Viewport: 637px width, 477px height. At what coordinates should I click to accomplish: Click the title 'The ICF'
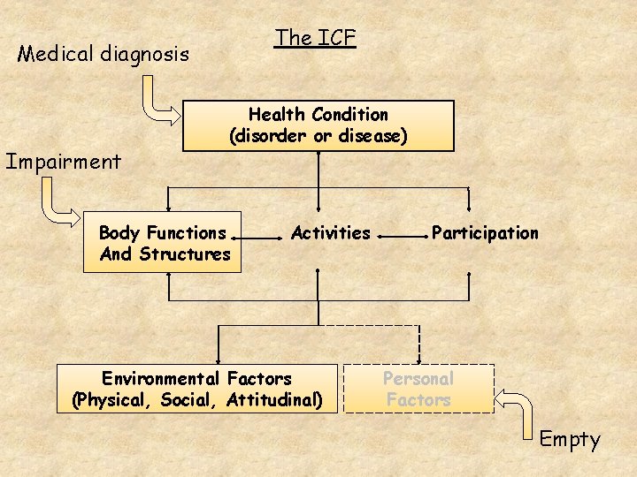pyautogui.click(x=314, y=38)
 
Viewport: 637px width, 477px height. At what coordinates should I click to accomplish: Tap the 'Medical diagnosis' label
pyautogui.click(x=104, y=55)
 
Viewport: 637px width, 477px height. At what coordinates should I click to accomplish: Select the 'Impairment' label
pyautogui.click(x=63, y=162)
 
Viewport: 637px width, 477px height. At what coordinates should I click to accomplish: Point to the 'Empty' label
pyautogui.click(x=570, y=439)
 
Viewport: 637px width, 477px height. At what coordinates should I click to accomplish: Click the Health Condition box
pyautogui.click(x=318, y=125)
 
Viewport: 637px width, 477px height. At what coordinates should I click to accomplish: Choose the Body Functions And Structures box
pyautogui.click(x=163, y=243)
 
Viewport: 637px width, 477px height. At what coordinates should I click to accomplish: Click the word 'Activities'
pyautogui.click(x=331, y=233)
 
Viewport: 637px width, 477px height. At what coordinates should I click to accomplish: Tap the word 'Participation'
pyautogui.click(x=485, y=233)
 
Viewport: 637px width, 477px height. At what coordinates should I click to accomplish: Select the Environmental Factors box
pyautogui.click(x=196, y=390)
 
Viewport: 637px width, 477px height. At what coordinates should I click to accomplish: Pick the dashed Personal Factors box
pyautogui.click(x=418, y=390)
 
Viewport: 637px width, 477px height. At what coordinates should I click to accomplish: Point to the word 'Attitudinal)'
pyautogui.click(x=273, y=400)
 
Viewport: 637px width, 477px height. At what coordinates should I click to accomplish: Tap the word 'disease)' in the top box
pyautogui.click(x=375, y=137)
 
